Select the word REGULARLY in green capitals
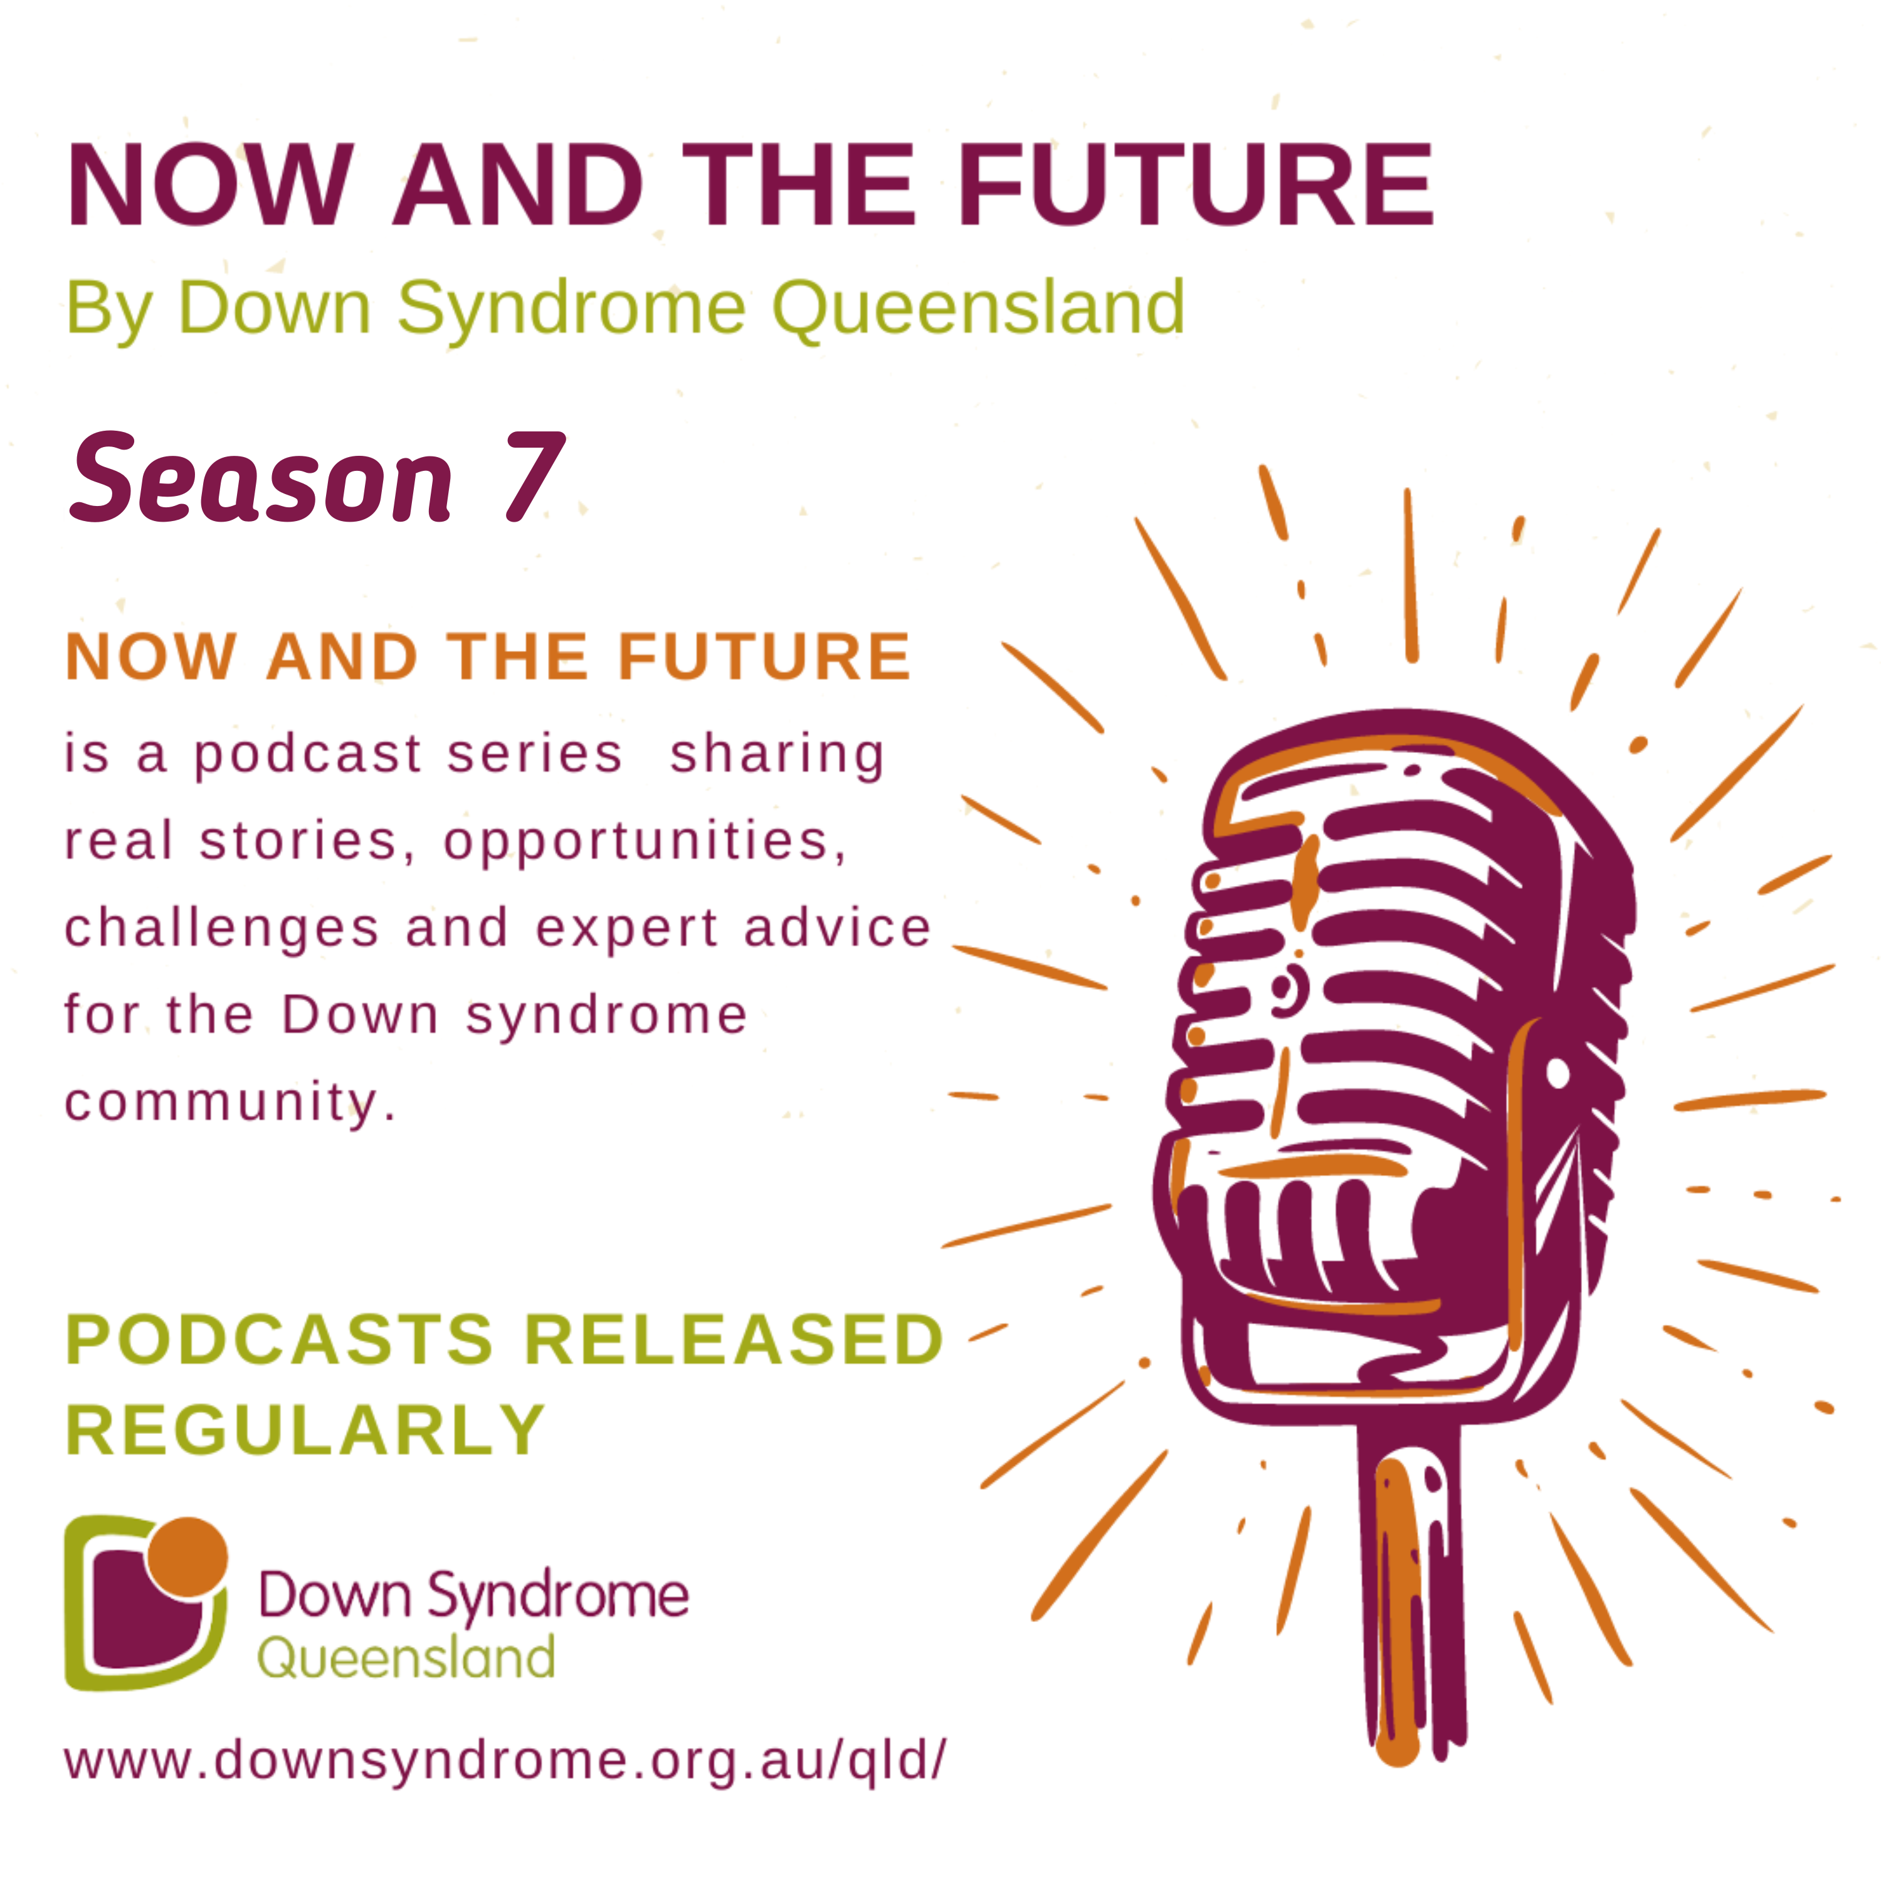(305, 1430)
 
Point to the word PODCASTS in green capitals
(280, 1340)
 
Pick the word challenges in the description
(222, 929)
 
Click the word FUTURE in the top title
(1196, 185)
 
